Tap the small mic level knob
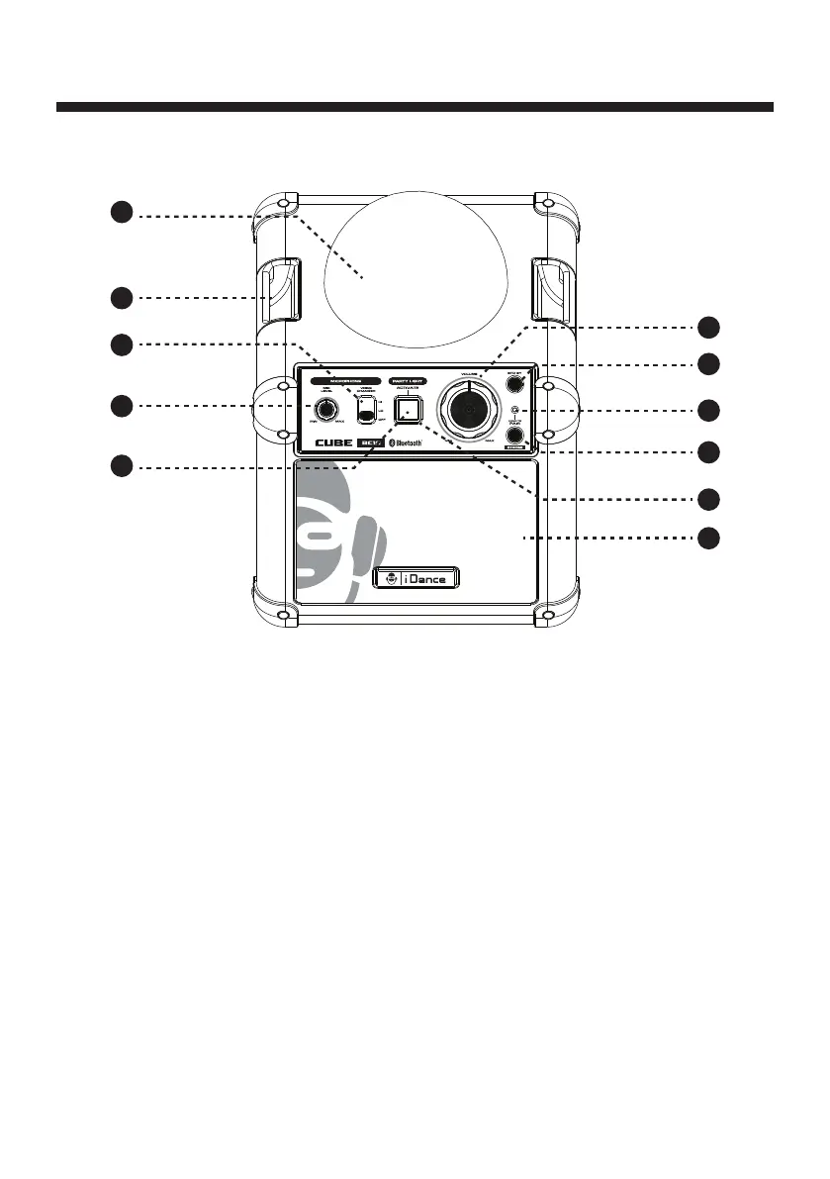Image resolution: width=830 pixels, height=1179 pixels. point(323,410)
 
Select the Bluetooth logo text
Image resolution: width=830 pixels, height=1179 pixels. point(406,444)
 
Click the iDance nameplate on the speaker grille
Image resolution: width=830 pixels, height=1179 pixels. point(417,578)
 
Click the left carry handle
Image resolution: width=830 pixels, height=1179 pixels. point(278,289)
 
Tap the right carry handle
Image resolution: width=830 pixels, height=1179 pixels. point(548,289)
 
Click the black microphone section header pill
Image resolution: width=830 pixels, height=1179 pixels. point(345,380)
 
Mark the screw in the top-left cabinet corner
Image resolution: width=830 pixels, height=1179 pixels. point(284,202)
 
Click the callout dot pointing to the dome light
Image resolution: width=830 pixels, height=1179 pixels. point(120,213)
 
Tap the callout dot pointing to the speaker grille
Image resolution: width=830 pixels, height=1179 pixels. point(707,538)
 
